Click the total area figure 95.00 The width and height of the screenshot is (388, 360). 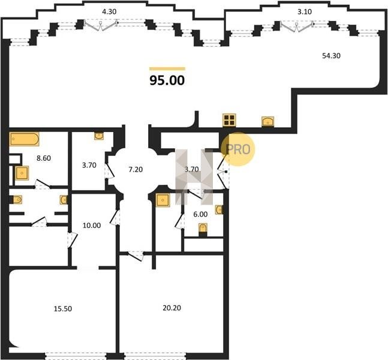(x=167, y=80)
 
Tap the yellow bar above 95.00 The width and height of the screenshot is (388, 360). (x=167, y=69)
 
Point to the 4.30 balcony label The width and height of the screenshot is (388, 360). (x=109, y=11)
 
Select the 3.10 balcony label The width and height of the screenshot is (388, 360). (x=305, y=11)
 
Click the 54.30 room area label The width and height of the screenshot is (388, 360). (x=331, y=56)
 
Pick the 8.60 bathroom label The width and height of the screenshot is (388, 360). (x=44, y=158)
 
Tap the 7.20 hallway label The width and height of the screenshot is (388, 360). (x=136, y=170)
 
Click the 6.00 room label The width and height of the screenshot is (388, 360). (x=200, y=214)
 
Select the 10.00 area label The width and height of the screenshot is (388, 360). (x=92, y=226)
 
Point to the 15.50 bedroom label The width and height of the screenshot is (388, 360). (x=63, y=309)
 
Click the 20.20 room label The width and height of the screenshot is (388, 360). (x=172, y=308)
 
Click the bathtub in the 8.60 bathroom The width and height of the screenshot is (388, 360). (x=24, y=139)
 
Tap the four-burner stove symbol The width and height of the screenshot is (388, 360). (x=229, y=120)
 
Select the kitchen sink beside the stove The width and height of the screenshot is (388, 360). (x=267, y=122)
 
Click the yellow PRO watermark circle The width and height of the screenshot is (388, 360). (x=238, y=149)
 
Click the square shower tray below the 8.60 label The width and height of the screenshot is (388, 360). (x=22, y=173)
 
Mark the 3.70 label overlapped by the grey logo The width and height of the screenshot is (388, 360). (x=192, y=169)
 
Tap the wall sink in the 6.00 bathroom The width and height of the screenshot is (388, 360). (x=219, y=210)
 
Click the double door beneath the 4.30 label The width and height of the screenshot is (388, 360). (x=101, y=26)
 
